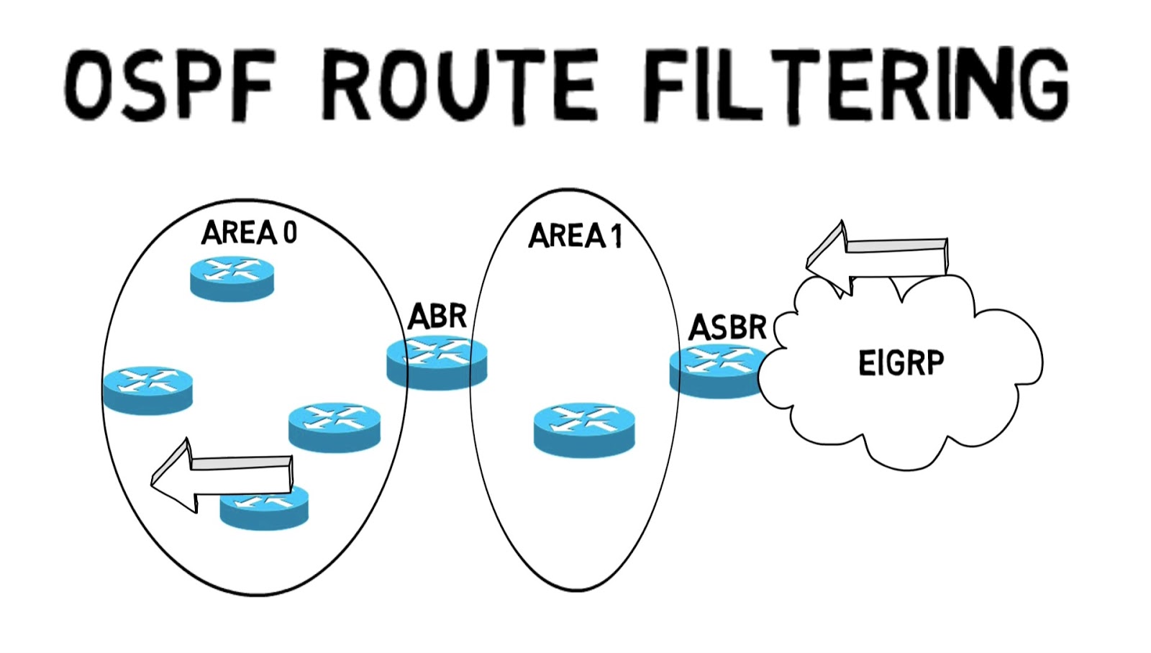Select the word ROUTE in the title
pos(459,85)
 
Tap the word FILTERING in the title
pos(855,85)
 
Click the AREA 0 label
pos(249,233)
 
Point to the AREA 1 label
pos(575,236)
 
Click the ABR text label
pos(437,316)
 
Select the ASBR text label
pos(727,328)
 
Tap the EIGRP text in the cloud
pos(901,363)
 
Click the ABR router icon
pos(437,363)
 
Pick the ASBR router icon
pos(716,370)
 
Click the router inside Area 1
pos(584,429)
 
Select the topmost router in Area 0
pos(232,278)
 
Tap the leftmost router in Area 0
pos(147,390)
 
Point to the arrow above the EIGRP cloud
pos(878,256)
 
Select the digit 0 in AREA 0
pos(289,233)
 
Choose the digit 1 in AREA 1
pos(616,237)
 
